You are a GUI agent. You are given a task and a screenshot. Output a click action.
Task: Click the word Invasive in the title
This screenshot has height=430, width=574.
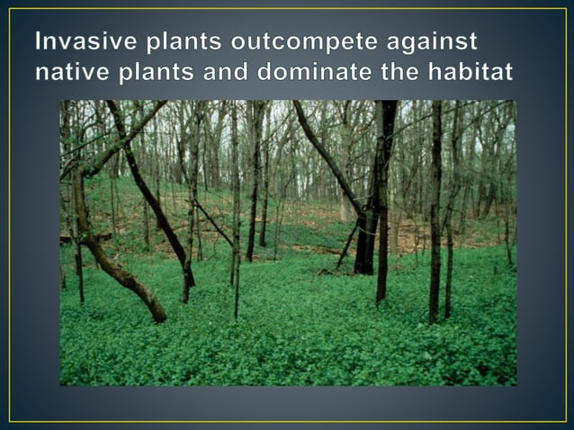tap(84, 42)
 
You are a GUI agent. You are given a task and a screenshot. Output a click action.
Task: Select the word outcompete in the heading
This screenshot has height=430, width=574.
tap(313, 42)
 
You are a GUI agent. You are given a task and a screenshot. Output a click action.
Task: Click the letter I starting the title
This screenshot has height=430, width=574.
tap(40, 42)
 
